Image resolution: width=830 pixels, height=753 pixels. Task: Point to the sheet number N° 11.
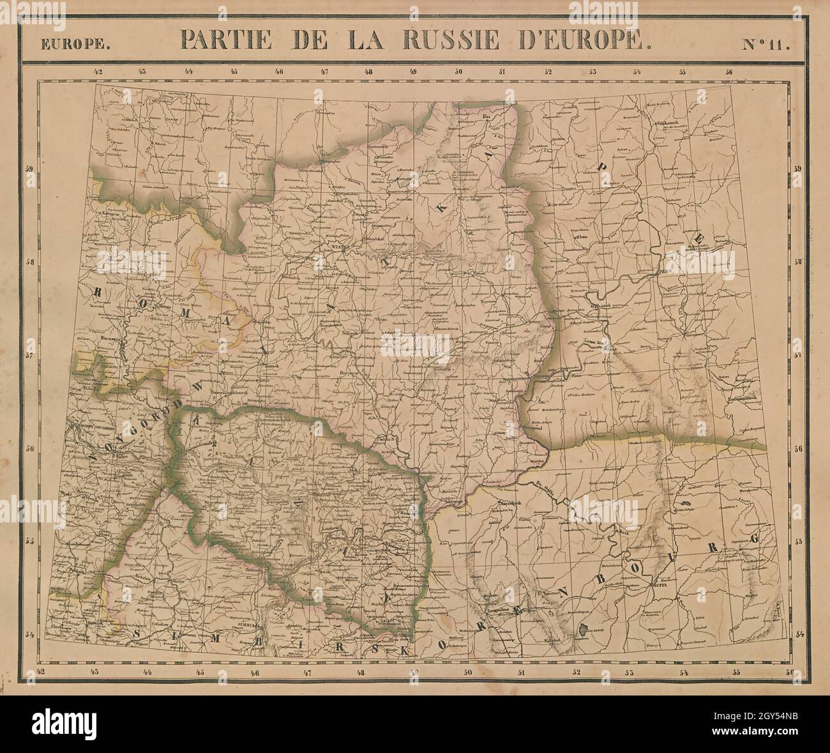[765, 44]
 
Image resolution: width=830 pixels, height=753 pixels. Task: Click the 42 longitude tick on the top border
[97, 72]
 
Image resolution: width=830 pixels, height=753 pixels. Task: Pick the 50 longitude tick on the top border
[458, 72]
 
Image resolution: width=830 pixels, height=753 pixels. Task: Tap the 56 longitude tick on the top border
[728, 72]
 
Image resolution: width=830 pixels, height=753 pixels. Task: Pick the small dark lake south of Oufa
[582, 630]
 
